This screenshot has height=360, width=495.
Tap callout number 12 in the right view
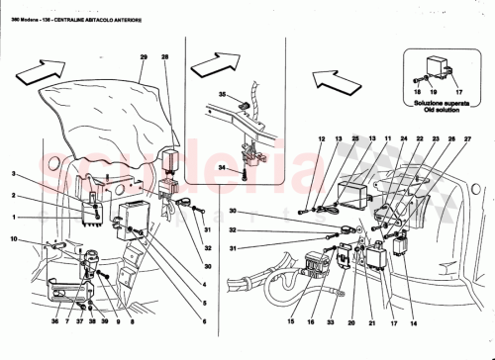tap(322, 139)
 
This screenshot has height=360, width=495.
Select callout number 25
tap(355, 139)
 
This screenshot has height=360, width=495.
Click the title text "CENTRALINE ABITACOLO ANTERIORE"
tap(89, 9)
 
